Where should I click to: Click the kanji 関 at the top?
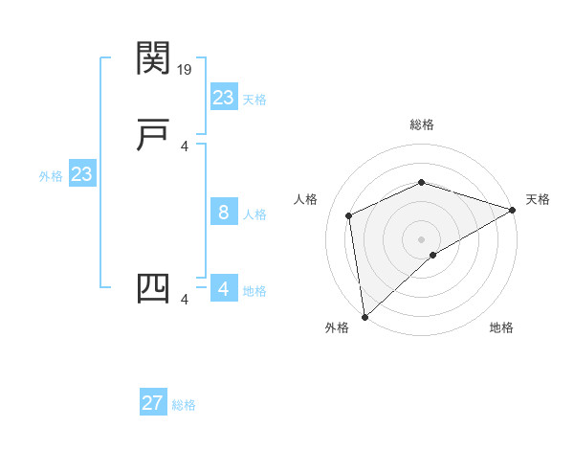[x=153, y=58]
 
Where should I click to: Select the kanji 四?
[x=153, y=288]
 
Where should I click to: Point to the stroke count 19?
[x=186, y=70]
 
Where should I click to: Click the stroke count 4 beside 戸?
[x=185, y=146]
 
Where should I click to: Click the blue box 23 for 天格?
[x=224, y=97]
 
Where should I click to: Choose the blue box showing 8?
[x=224, y=213]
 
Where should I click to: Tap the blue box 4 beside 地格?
[x=224, y=288]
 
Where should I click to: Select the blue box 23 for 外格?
[x=82, y=174]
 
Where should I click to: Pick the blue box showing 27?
[x=153, y=403]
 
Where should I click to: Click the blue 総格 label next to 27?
[x=184, y=405]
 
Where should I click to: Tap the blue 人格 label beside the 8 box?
[x=254, y=214]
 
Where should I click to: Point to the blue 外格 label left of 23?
[x=51, y=176]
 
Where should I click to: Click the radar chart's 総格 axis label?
[x=421, y=124]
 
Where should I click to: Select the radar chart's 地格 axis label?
[x=501, y=327]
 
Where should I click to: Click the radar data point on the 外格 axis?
[x=364, y=317]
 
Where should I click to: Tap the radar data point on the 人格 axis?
[x=349, y=215]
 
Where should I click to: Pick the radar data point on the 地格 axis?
[x=433, y=255]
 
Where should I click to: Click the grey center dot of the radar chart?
[x=421, y=238]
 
